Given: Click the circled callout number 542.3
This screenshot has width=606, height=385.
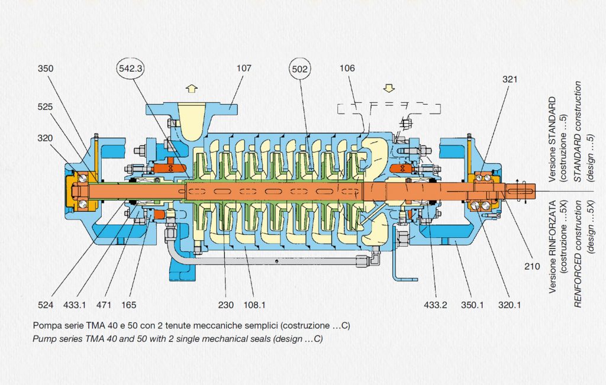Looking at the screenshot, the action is point(130,69).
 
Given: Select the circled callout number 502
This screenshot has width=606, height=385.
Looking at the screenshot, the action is point(299,69).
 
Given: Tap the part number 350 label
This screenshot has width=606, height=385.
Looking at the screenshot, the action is point(46,69).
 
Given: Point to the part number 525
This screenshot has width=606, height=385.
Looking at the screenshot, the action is point(45,107).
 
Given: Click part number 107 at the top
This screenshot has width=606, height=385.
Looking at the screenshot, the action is point(244,69).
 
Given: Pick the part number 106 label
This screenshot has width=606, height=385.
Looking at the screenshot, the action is point(347,69).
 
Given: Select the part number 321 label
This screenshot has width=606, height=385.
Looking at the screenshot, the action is point(510,80).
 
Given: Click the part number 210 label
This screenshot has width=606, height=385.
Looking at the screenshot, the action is point(532,266).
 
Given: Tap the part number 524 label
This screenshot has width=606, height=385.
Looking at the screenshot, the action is point(46,305).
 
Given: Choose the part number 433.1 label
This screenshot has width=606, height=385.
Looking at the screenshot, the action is point(75,305).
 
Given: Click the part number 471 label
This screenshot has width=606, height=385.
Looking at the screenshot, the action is point(104,305).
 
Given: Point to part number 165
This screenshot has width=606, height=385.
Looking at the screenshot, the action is point(128,305).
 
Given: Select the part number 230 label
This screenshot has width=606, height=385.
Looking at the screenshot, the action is point(225,305).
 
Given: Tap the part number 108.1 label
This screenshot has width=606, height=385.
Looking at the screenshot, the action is point(254,305).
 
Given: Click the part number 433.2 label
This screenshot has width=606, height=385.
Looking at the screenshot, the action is point(436,305).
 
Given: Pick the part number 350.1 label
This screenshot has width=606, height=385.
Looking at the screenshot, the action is point(472,305).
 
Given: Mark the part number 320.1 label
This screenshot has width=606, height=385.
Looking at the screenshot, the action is point(510,305).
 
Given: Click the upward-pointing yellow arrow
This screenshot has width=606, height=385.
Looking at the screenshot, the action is point(192,89).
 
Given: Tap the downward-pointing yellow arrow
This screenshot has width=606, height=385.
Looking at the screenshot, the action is point(389,88).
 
